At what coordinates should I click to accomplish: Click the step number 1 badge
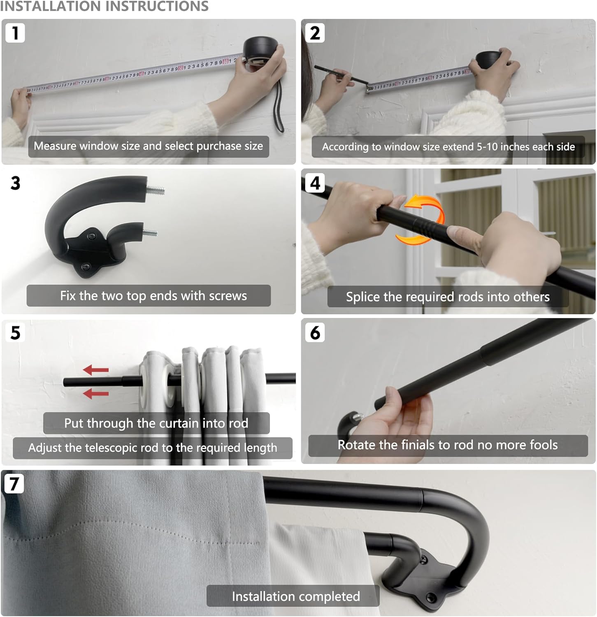click(15, 33)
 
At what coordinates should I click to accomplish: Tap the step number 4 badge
click(315, 183)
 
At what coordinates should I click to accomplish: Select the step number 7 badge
click(14, 484)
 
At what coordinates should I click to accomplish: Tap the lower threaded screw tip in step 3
click(150, 233)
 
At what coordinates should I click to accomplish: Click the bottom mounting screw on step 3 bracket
click(86, 267)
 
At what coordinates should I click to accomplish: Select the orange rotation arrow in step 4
click(424, 220)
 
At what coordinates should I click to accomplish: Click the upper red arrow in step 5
click(96, 370)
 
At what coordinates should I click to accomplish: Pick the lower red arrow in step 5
click(96, 394)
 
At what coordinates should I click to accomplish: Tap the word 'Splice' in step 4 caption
click(363, 297)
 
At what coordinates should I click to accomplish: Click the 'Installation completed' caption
click(295, 596)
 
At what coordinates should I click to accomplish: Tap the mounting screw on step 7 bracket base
click(431, 596)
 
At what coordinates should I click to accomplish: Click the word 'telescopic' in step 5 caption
click(111, 448)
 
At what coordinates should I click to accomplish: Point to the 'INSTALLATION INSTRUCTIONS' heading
click(105, 6)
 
